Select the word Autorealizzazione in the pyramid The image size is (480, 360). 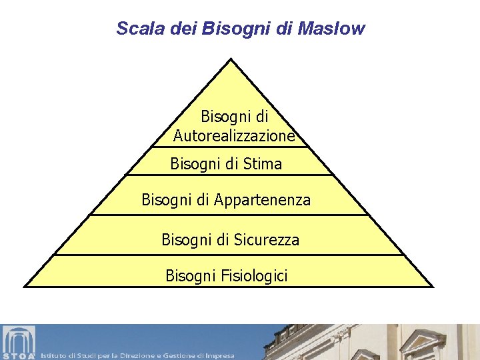pyautogui.click(x=233, y=136)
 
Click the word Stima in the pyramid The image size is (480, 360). pyautogui.click(x=263, y=163)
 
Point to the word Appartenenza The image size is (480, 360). pyautogui.click(x=263, y=200)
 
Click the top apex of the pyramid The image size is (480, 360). pyautogui.click(x=231, y=59)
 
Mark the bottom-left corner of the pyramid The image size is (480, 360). pyautogui.click(x=25, y=286)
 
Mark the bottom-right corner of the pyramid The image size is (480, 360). pyautogui.click(x=432, y=286)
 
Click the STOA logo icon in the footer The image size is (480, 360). pyautogui.click(x=18, y=342)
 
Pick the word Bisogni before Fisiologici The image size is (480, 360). pyautogui.click(x=189, y=275)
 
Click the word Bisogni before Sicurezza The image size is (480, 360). pyautogui.click(x=187, y=239)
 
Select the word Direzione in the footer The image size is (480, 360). pyautogui.click(x=137, y=356)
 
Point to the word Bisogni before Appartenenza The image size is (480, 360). pyautogui.click(x=167, y=200)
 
